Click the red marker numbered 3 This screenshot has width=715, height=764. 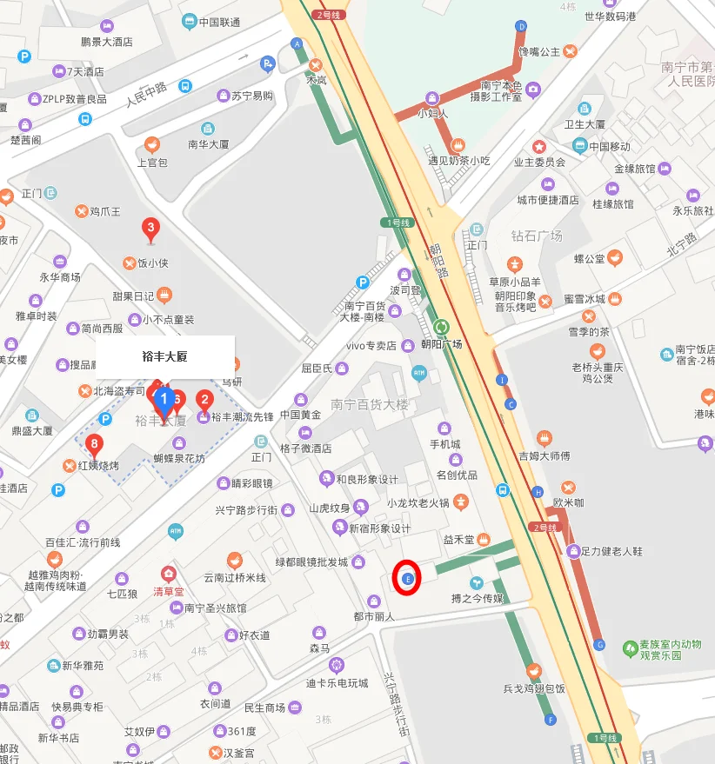pos(150,229)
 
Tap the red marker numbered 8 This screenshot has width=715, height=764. pos(94,445)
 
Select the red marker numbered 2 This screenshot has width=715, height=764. pos(204,400)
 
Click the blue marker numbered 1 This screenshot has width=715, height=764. pos(163,400)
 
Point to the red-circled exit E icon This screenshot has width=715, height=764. pos(407,578)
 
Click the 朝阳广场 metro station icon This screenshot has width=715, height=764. pos(442,328)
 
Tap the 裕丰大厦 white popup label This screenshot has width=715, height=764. pos(165,356)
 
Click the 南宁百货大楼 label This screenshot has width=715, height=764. pos(369,405)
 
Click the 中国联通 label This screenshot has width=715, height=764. pos(218,23)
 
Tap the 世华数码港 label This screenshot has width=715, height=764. pos(610,17)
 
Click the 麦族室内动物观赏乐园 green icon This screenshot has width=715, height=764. pos(630,648)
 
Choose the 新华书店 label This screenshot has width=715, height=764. pos(58,738)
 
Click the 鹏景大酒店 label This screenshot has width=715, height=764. pos(106,41)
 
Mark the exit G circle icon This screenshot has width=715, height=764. pos(598,644)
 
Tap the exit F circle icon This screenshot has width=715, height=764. pos(550,720)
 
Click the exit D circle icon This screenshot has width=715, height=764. pos(521,26)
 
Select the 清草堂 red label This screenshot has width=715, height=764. pos(170,592)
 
